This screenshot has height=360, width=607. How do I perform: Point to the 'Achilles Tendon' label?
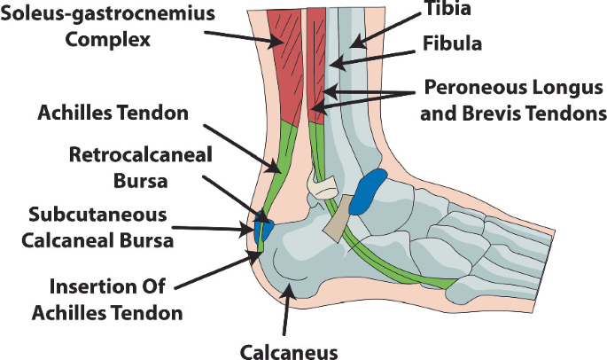pyautogui.click(x=113, y=113)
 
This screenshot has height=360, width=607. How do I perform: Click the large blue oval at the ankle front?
pyautogui.click(x=367, y=192)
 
